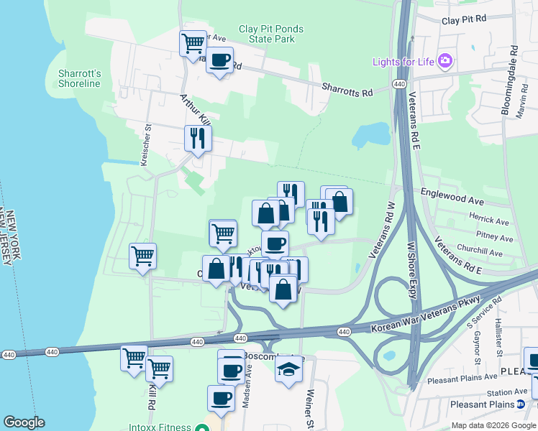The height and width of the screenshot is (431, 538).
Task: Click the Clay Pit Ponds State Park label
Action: [x=271, y=34]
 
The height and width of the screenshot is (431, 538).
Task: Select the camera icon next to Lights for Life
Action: [x=445, y=60]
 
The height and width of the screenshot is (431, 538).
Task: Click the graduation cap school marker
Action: [x=289, y=369]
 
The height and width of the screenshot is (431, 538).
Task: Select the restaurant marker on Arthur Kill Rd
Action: [x=197, y=137]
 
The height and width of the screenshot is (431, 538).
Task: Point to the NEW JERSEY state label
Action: [x=5, y=238]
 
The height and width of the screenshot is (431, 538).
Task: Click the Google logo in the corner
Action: [x=24, y=422]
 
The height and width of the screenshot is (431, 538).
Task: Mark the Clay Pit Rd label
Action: [x=464, y=21]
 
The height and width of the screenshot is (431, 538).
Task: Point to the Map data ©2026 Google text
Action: [x=492, y=425]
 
